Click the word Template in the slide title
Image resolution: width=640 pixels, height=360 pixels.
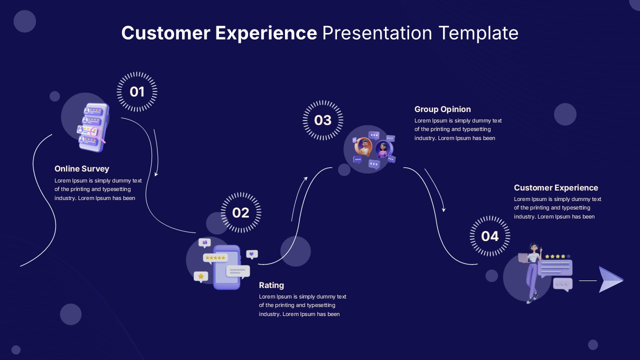[x=478, y=33]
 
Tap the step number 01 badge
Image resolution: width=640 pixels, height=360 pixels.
[x=137, y=92]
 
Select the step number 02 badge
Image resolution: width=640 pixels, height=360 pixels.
[x=240, y=213]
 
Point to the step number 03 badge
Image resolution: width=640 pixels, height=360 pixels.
[x=323, y=120]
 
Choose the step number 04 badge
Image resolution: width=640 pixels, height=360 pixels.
[x=490, y=236]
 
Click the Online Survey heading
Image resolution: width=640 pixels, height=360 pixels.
[x=81, y=169]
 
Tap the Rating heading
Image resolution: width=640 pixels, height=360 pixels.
[x=271, y=285]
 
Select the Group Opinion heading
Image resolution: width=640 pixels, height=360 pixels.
[x=442, y=109]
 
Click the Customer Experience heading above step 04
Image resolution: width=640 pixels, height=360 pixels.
[x=555, y=188]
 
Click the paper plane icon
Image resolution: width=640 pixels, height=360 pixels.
[x=610, y=279]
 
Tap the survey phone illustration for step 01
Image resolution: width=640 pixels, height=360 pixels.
[x=92, y=127]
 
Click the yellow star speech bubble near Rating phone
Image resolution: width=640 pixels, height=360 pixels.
[x=200, y=276]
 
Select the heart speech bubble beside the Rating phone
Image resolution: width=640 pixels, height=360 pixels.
[x=252, y=254]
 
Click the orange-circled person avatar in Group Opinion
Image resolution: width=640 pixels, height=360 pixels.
[x=364, y=146]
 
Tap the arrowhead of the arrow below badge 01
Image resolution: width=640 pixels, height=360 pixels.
[x=156, y=174]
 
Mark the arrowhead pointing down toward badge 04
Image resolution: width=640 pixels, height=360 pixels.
[x=443, y=209]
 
